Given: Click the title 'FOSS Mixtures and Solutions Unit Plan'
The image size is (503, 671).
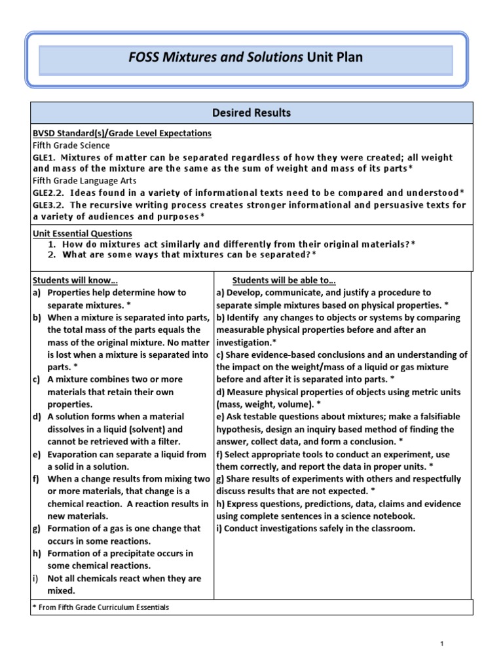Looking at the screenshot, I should click(246, 58).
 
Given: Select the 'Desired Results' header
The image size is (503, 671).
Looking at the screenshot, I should click(251, 113).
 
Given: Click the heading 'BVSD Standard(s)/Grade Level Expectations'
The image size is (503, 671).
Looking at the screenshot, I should click(122, 133).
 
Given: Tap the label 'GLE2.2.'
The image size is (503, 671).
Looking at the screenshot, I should click(49, 193).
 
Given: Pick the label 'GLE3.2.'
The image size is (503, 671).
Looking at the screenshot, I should click(49, 204).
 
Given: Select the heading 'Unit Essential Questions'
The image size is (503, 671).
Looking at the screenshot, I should click(82, 233).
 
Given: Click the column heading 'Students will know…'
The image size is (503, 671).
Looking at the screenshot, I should click(75, 280).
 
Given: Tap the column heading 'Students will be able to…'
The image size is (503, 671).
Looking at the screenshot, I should click(284, 280).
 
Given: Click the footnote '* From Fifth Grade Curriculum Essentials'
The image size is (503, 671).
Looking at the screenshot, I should click(101, 607).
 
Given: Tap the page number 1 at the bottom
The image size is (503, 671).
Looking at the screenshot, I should click(443, 645).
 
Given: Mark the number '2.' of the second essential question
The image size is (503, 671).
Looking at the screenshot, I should click(52, 254).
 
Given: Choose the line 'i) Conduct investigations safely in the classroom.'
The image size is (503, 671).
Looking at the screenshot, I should click(315, 529).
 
